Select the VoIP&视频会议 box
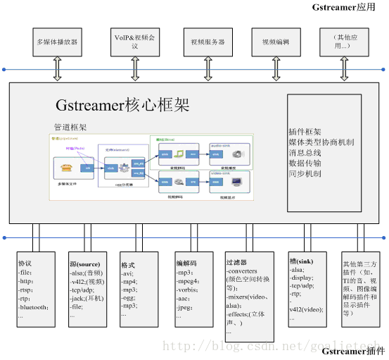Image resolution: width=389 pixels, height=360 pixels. click(134, 42)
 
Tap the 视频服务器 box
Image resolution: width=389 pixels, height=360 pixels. click(208, 42)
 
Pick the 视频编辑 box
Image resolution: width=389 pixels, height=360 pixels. click(275, 42)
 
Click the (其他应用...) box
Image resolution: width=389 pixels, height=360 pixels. click(343, 42)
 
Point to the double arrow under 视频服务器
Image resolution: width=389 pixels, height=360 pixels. click(208, 70)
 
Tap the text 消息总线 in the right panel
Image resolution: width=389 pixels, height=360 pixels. click(305, 152)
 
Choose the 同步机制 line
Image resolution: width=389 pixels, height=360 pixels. click(305, 173)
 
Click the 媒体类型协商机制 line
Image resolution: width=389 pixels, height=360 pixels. click(321, 142)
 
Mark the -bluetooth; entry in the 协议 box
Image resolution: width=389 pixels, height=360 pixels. click(33, 307)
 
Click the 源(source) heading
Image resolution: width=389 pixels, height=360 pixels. click(86, 263)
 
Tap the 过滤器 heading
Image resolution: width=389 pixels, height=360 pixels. click(237, 261)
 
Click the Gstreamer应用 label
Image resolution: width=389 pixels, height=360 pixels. click(349, 7)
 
